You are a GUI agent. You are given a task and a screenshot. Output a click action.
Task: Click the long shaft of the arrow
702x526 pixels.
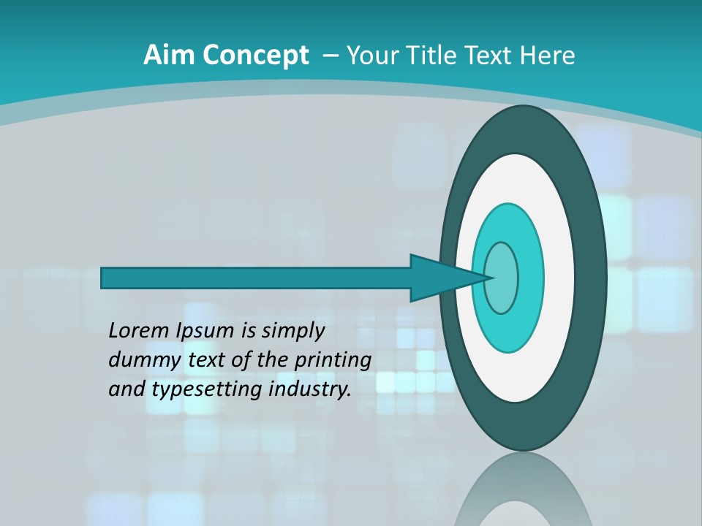click(256, 278)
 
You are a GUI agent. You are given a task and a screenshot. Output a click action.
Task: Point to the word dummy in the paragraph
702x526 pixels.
click(141, 360)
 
